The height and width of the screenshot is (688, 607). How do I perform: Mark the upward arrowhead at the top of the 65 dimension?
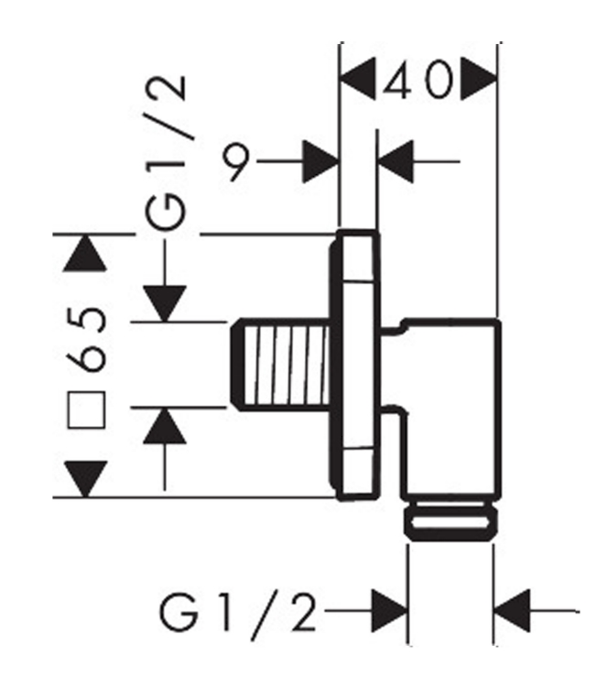[x=86, y=252]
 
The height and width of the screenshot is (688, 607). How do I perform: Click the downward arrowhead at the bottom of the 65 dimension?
[x=86, y=478]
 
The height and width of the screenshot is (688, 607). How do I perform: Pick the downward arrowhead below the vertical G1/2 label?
[x=165, y=302]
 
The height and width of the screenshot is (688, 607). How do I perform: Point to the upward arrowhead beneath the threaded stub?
[x=165, y=426]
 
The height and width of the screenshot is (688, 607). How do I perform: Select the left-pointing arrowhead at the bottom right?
[x=513, y=609]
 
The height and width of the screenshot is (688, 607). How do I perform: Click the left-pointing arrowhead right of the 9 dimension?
[x=396, y=162]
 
